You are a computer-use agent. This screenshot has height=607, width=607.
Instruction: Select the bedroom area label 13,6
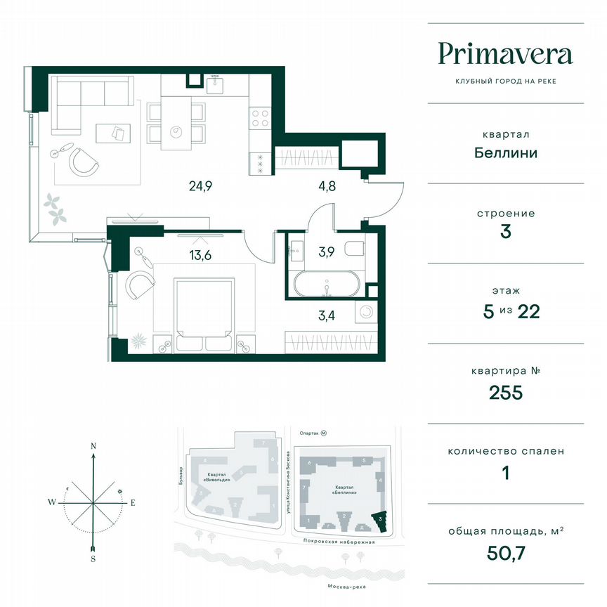tap(200, 255)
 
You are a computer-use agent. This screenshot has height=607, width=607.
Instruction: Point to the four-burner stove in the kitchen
tap(259, 117)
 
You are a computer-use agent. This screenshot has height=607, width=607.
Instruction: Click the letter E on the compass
tap(132, 502)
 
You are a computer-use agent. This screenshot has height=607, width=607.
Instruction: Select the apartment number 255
tap(506, 392)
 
